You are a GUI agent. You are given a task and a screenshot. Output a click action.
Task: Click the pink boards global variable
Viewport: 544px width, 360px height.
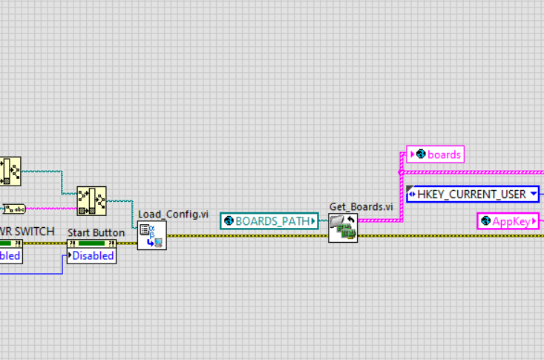[x=436, y=154]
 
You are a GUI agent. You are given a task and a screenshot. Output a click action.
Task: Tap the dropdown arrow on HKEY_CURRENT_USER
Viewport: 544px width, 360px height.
[x=532, y=194]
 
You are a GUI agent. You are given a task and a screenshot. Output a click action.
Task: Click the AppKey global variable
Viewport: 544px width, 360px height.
[x=508, y=220]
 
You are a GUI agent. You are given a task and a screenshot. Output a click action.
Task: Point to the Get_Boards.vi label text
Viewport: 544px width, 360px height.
[x=361, y=206]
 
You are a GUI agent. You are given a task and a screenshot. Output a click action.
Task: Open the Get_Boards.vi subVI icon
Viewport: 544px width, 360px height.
[x=343, y=228]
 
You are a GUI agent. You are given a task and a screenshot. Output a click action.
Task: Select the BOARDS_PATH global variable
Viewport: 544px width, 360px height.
[x=269, y=220]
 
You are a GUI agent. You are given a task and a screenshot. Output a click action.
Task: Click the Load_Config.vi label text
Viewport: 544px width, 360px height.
[x=172, y=215]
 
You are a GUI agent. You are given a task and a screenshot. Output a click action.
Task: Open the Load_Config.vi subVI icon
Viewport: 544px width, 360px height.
[x=151, y=235]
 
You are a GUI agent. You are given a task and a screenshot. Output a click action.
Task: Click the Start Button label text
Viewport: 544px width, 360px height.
[x=96, y=232]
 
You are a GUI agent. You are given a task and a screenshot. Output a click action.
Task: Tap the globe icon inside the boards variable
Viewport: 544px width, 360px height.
[x=422, y=154]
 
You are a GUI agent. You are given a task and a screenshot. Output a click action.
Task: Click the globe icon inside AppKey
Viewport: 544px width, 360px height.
[x=485, y=220]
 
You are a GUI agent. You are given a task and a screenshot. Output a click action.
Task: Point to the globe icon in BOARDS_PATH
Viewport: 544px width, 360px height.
[x=229, y=220]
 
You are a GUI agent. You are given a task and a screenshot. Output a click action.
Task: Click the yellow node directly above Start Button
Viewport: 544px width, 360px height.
[x=91, y=200]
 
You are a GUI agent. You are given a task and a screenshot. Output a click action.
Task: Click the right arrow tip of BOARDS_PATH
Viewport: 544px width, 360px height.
[x=315, y=220]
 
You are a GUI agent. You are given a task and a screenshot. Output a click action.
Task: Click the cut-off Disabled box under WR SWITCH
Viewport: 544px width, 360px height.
[x=10, y=256]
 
